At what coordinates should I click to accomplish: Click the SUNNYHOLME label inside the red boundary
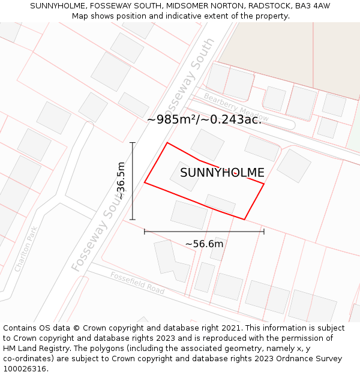222,173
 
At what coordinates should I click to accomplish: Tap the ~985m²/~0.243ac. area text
204,119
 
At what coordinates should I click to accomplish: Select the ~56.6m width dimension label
204,244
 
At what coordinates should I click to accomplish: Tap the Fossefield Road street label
137,283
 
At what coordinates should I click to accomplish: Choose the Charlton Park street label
26,249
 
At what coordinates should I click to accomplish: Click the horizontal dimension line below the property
204,231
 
